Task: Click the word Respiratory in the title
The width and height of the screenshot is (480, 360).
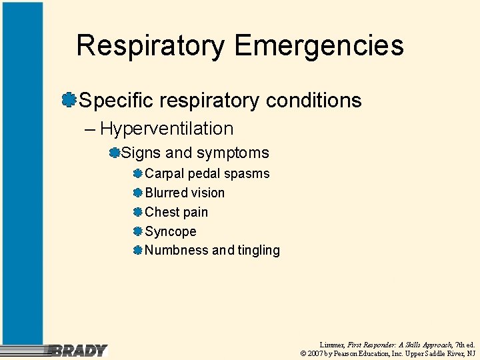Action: [151, 45]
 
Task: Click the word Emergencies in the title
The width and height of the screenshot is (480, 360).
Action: [319, 45]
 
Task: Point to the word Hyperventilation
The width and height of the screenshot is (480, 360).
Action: [167, 129]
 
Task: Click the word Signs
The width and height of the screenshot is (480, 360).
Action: [141, 153]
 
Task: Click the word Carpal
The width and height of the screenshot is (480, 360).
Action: [164, 173]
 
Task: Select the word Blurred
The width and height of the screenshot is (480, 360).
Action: [166, 193]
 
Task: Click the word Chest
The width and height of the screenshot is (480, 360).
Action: [162, 212]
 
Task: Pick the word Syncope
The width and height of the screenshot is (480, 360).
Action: [171, 232]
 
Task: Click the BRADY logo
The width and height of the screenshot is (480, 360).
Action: [78, 351]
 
